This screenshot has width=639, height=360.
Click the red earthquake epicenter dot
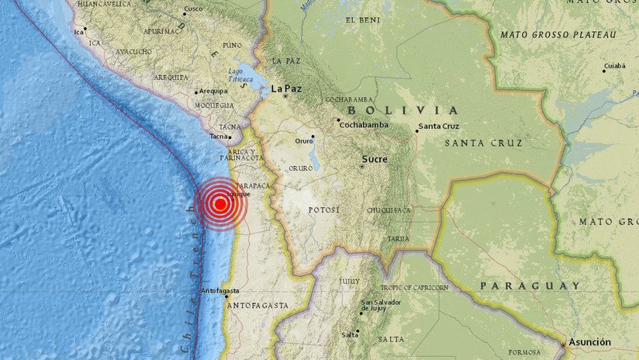tap(220, 204)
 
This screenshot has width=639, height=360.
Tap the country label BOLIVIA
tap(415, 110)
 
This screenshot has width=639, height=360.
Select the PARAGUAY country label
tap(530, 286)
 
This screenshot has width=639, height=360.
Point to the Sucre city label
tap(374, 160)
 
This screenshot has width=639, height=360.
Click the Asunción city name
tap(589, 342)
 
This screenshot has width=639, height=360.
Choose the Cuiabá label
tap(614, 66)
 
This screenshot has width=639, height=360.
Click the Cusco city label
tap(193, 10)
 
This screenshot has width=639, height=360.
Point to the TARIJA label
tap(399, 238)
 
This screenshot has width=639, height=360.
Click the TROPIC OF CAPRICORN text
tap(413, 288)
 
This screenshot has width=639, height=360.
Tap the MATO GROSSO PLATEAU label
tap(558, 35)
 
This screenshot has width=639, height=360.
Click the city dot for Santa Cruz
tap(416, 131)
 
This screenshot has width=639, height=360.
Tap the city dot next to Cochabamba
tap(338, 120)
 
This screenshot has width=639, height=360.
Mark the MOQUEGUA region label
tap(214, 106)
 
